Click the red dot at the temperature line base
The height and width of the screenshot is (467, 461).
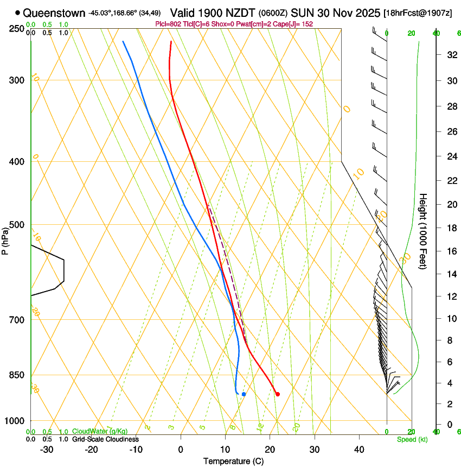click(x=277, y=394)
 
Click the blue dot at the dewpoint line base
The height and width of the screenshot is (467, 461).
click(x=244, y=394)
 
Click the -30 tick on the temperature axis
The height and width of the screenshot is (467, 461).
click(x=47, y=450)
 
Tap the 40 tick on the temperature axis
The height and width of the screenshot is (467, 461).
click(x=359, y=450)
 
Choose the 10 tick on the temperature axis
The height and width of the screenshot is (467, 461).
click(x=225, y=450)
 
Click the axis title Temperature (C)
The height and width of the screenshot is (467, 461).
click(x=233, y=461)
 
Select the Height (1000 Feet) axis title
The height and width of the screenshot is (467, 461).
click(x=423, y=231)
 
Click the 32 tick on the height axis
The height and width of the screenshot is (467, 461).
click(x=451, y=55)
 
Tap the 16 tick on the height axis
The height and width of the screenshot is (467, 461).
click(x=451, y=251)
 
